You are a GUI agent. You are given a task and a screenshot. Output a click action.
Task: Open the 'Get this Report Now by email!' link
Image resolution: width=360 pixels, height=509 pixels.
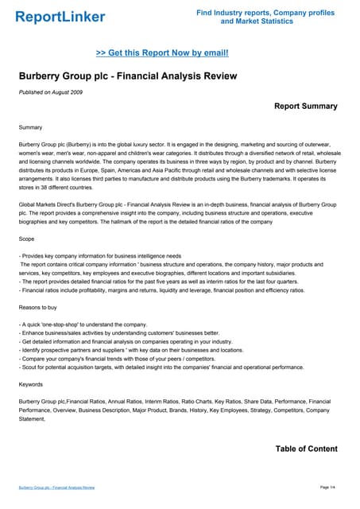point(162,52)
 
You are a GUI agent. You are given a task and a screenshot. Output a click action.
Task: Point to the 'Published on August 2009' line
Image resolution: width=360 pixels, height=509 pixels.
point(54,94)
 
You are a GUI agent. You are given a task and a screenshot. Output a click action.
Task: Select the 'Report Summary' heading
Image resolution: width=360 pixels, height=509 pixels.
point(305,106)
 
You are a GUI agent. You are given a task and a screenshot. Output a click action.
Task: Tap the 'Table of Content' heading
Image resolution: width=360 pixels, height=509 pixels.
point(306,449)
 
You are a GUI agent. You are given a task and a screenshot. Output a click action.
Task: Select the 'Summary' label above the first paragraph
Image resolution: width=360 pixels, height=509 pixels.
point(33,127)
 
